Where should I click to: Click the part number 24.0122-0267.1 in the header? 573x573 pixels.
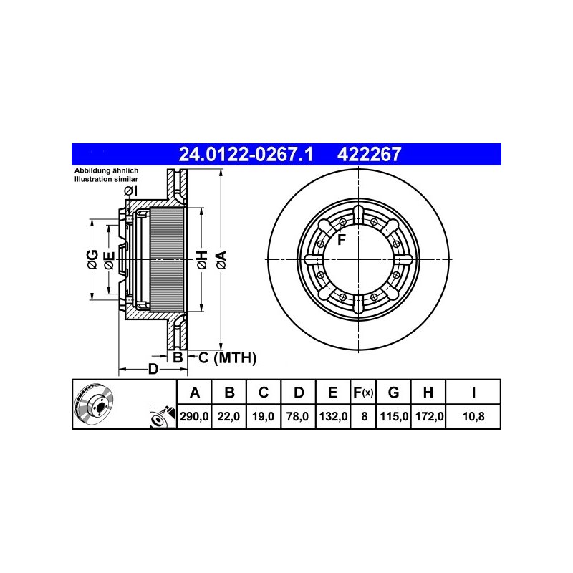point(246,154)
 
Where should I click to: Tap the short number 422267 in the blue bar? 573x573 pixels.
point(369,154)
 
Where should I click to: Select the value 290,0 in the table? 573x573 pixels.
point(194,416)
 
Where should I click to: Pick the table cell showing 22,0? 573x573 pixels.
point(228,416)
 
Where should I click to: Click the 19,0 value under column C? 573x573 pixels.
point(263,416)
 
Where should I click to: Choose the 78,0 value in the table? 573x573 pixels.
point(298,416)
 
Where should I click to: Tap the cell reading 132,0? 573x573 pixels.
point(333,416)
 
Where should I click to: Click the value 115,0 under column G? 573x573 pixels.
point(394,416)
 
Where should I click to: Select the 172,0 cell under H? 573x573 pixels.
point(429,416)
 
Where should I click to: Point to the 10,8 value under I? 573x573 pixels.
point(473,416)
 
